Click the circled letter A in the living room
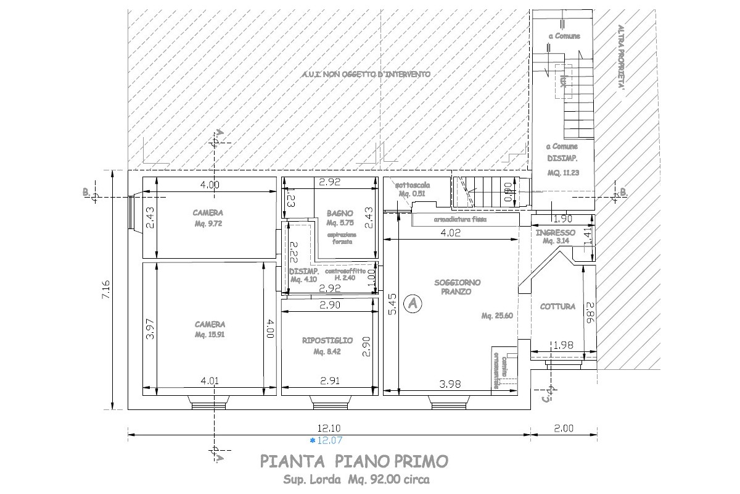pos(413,303)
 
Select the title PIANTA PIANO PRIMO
pos(354,461)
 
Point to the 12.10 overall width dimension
pos(328,428)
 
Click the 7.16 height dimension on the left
pos(105,290)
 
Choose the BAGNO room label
pos(340,213)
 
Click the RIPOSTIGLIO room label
pos(327,340)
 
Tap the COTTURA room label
pos(557,306)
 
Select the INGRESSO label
pos(556,233)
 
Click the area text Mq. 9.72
pos(210,224)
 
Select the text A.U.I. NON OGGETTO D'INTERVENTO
pos(366,74)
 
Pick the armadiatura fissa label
pos(461,219)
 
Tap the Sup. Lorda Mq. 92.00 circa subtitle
pos(356,479)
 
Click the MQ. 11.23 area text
pos(562,172)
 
